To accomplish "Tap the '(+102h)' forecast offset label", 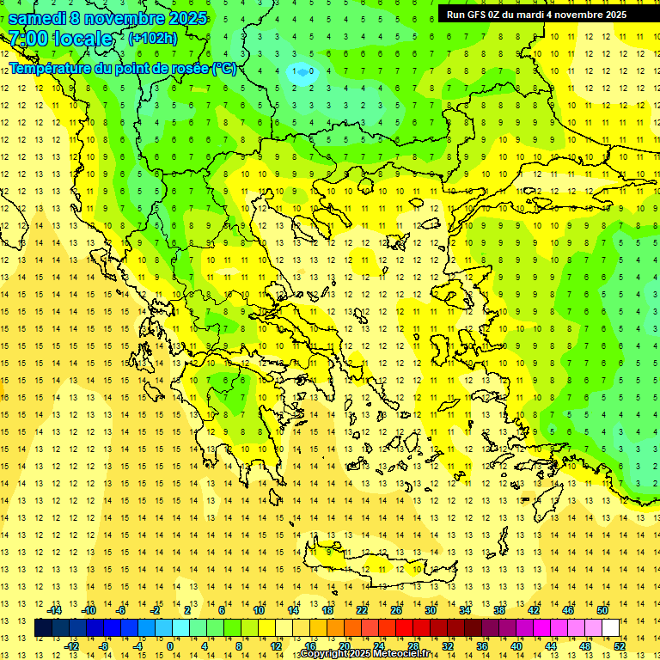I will [152, 39].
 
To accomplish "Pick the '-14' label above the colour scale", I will [55, 609].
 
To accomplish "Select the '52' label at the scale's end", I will [620, 646].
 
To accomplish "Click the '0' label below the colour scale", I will [170, 646].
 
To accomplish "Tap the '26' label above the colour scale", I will [396, 609].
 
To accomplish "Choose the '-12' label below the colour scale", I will [72, 646].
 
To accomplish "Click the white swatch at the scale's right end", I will [610, 627].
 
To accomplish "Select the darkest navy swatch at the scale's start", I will [43, 627].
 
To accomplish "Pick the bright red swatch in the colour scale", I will [404, 627].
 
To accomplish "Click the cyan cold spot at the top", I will [302, 72].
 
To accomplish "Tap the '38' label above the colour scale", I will [499, 609].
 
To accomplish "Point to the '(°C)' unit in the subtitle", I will [223, 68].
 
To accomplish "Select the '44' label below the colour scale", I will [551, 646].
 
